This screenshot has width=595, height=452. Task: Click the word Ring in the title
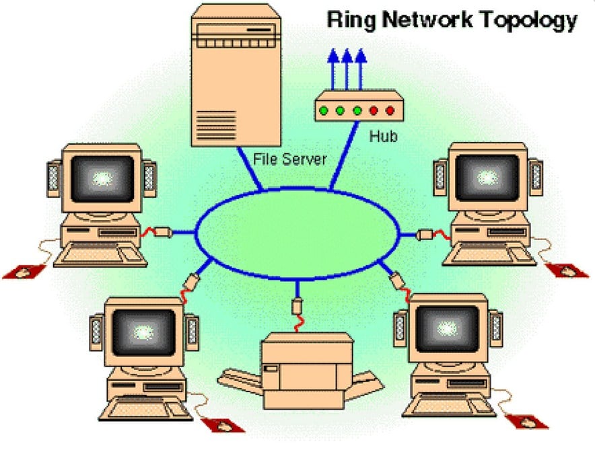[x=350, y=20]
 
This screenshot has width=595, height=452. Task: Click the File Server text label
[x=289, y=159]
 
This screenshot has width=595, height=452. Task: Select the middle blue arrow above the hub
[x=347, y=67]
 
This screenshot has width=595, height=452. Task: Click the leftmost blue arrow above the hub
[x=332, y=67]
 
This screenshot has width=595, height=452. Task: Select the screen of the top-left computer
[x=101, y=178]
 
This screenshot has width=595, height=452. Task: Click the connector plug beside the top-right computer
[x=425, y=235]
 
